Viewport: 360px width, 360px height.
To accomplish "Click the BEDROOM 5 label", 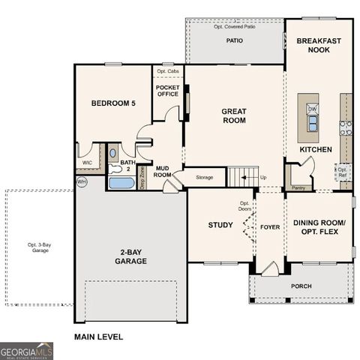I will coord(113,103).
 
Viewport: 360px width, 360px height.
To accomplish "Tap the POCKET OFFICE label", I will coord(166,91).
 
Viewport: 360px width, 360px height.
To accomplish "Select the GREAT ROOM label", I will coord(234,115).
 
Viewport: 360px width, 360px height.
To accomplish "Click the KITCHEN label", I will coord(316,149).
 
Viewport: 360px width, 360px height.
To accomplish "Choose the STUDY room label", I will coord(220,225).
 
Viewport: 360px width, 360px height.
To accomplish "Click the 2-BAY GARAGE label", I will coord(130,256).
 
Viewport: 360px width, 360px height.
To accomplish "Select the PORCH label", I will coord(301,286).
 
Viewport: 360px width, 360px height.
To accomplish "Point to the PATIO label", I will coord(235,40).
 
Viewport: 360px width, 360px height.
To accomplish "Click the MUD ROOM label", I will coord(163,172).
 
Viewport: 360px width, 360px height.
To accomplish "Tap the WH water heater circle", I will coord(81,181).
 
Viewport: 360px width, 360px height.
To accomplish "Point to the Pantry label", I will coord(298,187).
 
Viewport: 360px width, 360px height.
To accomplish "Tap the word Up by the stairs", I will coord(262,177).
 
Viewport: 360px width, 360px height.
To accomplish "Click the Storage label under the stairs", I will coord(205,177).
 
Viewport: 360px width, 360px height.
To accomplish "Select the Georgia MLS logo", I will coord(26,349).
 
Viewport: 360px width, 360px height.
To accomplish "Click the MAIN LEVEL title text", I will coord(98,337).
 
